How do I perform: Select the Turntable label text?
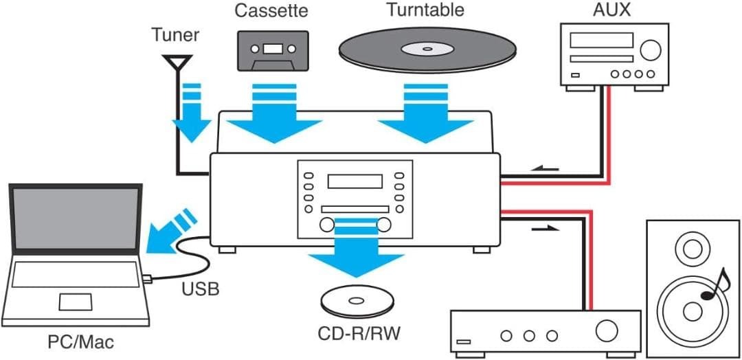(425, 10)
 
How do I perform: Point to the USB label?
(201, 289)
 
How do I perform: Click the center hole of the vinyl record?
(427, 49)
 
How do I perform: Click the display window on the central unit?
(355, 181)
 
